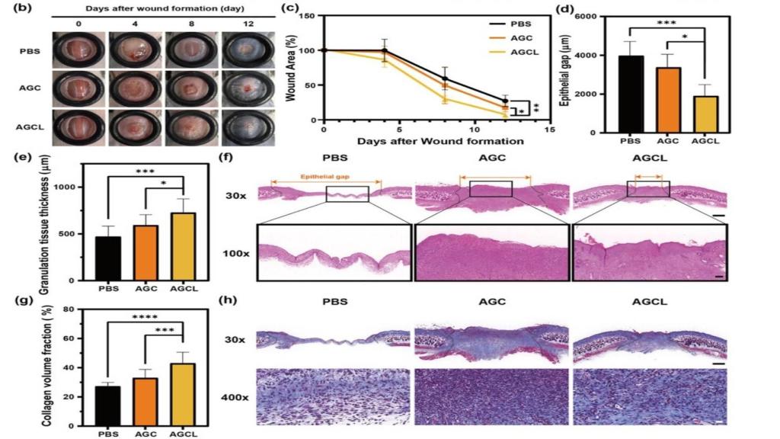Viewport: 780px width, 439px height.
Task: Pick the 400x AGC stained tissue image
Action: [x=491, y=397]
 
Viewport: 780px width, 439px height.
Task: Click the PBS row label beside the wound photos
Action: [x=29, y=53]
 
